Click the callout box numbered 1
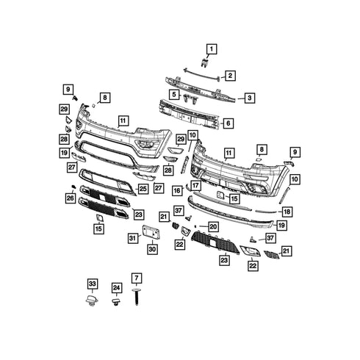tap(212, 49)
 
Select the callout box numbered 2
tap(230, 76)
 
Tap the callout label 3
tap(250, 97)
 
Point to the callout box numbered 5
tap(174, 94)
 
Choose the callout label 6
tap(228, 123)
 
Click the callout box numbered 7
tap(136, 278)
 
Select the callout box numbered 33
tap(92, 284)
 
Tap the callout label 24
tap(116, 289)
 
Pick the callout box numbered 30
tap(152, 250)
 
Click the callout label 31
tap(132, 237)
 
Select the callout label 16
tap(177, 190)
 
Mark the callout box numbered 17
tap(195, 186)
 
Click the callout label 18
tap(287, 212)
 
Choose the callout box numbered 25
tap(143, 189)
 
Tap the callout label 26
tap(71, 198)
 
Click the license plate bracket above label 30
tap(153, 231)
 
